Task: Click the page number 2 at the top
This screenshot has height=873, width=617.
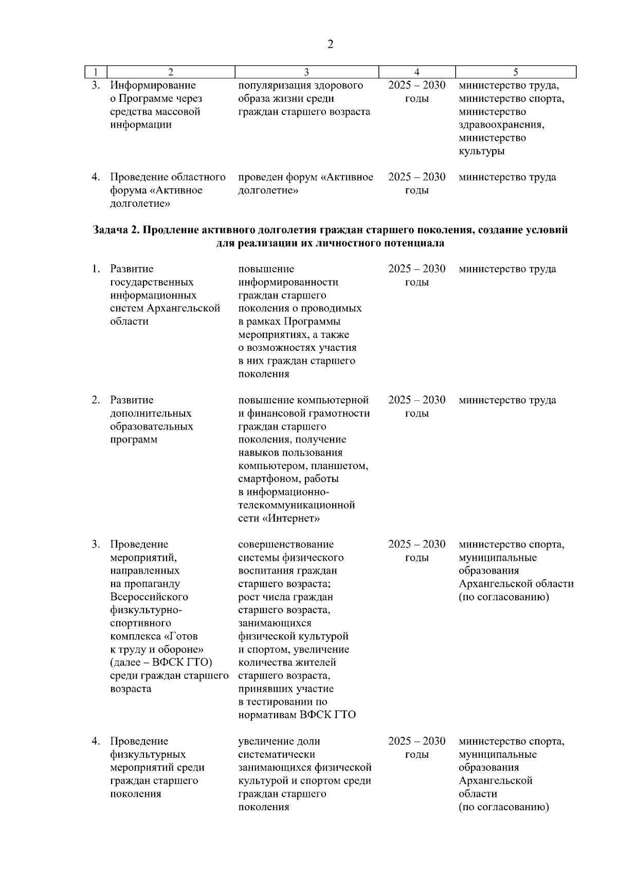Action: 330,44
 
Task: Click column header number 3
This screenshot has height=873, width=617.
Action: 306,72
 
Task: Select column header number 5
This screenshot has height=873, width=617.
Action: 515,72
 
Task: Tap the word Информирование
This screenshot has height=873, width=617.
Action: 153,85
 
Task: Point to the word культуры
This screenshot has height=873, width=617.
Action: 481,151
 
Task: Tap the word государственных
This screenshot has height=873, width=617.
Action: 152,282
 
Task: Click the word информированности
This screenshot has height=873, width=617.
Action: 288,282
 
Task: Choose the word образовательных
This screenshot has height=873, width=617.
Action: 152,426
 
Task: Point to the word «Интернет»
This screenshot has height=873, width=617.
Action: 291,519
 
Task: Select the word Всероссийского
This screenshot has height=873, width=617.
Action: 149,597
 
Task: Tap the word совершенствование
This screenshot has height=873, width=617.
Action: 286,545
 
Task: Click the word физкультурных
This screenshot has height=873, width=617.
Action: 148,755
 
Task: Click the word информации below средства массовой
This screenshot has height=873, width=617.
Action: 141,125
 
